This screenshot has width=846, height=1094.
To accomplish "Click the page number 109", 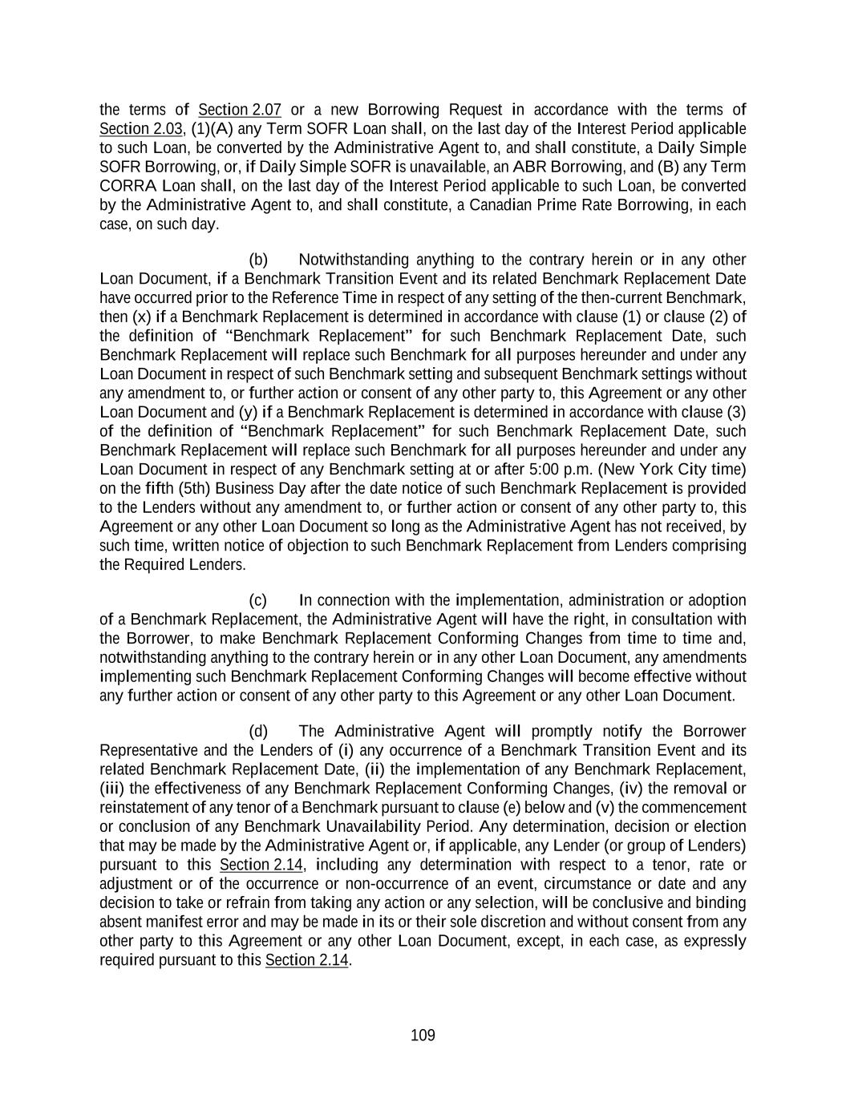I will (x=423, y=1035).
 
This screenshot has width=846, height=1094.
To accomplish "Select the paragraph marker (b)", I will (x=258, y=260).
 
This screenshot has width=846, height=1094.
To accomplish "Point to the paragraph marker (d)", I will (x=258, y=731).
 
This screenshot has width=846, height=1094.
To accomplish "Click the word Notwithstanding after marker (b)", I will (x=353, y=260).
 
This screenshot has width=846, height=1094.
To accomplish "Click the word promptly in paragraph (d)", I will (x=561, y=731).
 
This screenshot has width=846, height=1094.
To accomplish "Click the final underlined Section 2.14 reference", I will (x=307, y=960).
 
